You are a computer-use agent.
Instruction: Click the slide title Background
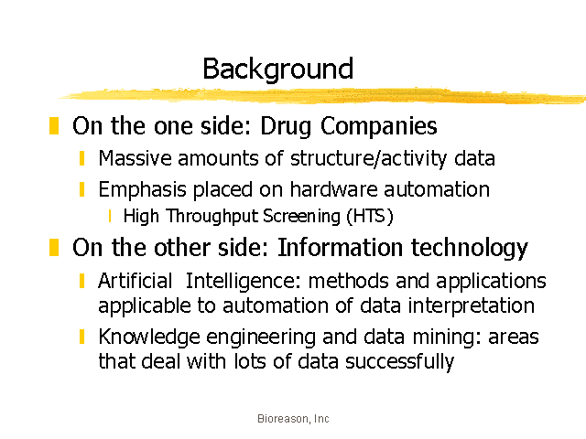coord(278,70)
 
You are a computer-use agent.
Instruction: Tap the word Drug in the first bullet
coord(286,126)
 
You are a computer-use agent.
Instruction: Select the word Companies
coord(378,126)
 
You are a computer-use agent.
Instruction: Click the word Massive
coord(135,158)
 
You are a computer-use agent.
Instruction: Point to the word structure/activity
coord(368,159)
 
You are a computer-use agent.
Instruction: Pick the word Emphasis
coord(143,190)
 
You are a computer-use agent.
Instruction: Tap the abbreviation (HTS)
coord(370,216)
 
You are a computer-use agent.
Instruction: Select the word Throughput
coord(212,217)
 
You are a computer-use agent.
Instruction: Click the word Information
coord(341,247)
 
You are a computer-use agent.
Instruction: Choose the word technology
coord(470,249)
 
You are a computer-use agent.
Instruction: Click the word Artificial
coord(135,281)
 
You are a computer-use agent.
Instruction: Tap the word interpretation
coord(471,306)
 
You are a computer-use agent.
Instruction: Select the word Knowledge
coord(149,337)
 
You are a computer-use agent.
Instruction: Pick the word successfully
coord(399,362)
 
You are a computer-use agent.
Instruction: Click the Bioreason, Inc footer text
coord(293,419)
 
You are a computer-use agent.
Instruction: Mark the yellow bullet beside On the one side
coord(54,125)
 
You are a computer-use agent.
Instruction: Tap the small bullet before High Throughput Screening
coord(110,216)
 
